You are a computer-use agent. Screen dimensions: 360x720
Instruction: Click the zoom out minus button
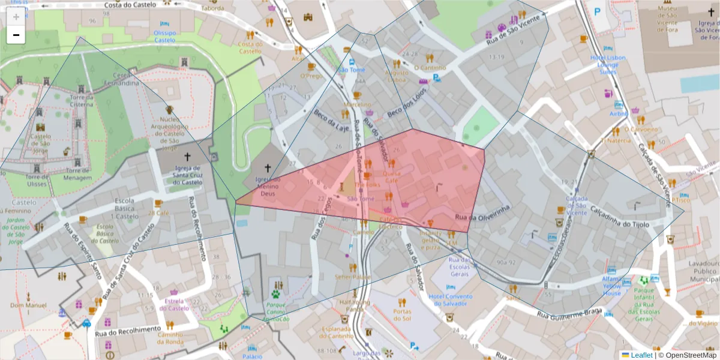tap(16, 35)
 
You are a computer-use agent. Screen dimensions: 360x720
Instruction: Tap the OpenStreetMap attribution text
tap(690, 355)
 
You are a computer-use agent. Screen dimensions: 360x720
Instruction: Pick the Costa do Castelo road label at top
tap(129, 5)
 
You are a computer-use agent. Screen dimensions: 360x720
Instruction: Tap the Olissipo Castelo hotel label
tap(165, 36)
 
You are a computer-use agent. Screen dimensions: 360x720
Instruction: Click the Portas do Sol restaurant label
tap(401, 314)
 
